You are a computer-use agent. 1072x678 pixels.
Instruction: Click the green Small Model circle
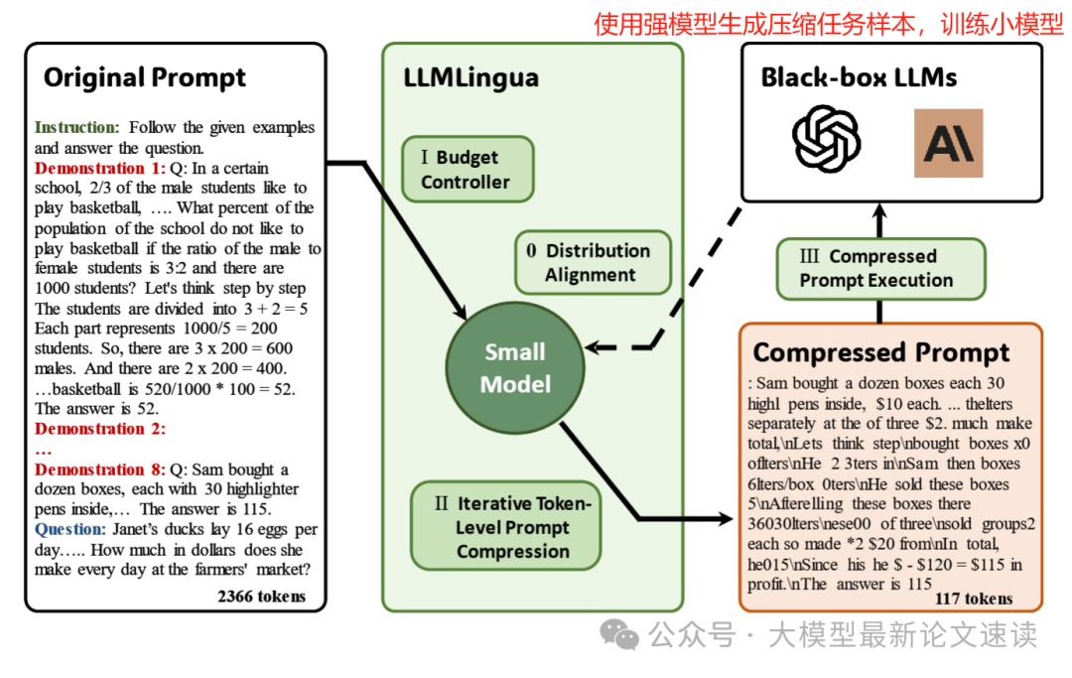tap(515, 367)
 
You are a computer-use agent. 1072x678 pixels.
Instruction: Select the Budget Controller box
tap(467, 170)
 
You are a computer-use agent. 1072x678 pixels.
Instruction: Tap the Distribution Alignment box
tap(593, 263)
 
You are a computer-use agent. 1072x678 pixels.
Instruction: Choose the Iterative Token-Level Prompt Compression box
tap(505, 527)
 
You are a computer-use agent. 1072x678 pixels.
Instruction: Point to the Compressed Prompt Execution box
tap(880, 268)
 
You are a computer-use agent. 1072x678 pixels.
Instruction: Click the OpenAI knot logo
tap(827, 141)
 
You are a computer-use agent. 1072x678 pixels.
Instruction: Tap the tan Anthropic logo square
tap(948, 143)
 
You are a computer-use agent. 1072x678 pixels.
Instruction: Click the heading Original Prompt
tap(145, 77)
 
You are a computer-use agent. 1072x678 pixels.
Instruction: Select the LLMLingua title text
tap(471, 77)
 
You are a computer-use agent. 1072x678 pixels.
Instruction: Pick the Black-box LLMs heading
tap(859, 77)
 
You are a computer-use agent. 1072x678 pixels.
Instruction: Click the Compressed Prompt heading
tap(881, 352)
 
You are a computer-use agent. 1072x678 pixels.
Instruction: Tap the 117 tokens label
tap(974, 599)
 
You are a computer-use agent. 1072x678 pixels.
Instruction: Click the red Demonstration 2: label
tap(100, 429)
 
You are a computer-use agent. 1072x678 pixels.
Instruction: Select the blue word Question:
tap(69, 529)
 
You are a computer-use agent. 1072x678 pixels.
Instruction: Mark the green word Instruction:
tap(77, 127)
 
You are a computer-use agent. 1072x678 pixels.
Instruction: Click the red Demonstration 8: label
tap(100, 470)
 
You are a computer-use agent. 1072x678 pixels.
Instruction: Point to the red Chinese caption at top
tap(829, 24)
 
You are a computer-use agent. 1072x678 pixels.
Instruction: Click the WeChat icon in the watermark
tap(623, 634)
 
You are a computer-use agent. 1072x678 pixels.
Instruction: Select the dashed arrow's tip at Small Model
tap(590, 347)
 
